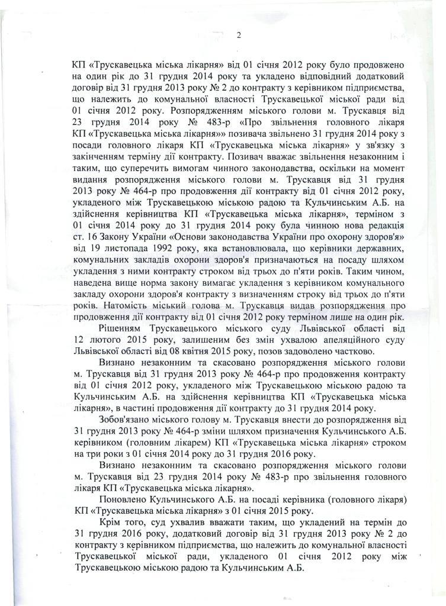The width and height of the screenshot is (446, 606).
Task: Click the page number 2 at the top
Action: tap(239, 34)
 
